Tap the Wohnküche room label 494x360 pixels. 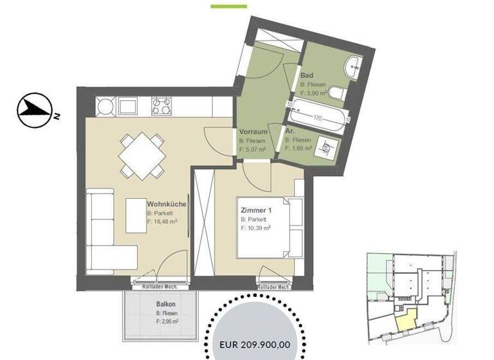click(167, 204)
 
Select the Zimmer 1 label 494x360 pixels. click(256, 210)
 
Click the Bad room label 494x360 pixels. click(307, 75)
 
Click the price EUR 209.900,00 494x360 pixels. click(255, 345)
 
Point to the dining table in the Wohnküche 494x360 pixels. click(140, 155)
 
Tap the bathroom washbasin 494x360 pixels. click(352, 64)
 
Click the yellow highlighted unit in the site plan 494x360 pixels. click(405, 317)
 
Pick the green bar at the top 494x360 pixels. click(229, 6)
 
